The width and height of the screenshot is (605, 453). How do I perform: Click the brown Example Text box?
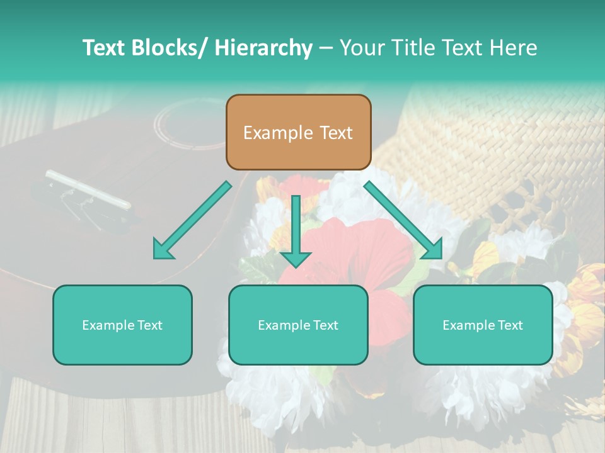click(x=298, y=132)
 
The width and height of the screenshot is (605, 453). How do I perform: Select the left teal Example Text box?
click(x=122, y=325)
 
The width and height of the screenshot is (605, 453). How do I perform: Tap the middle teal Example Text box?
click(x=298, y=325)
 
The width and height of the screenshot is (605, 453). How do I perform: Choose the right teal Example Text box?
click(x=483, y=325)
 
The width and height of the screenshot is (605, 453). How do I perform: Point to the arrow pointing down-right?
click(x=403, y=220)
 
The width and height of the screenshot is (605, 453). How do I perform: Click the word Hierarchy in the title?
click(x=263, y=48)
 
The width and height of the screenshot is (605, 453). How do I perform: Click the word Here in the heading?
click(x=515, y=48)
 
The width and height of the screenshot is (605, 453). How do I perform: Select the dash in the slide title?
click(x=326, y=48)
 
